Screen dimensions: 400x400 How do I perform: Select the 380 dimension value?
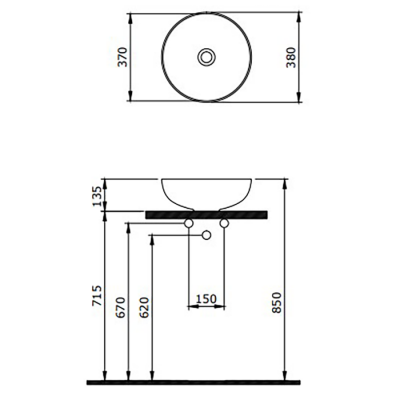tap(290, 58)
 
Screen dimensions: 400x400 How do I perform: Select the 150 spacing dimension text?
tap(207, 297)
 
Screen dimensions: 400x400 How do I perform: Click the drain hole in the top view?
tap(207, 58)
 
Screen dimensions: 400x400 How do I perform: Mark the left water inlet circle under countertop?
tap(191, 225)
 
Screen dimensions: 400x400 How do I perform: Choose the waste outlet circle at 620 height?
tap(207, 236)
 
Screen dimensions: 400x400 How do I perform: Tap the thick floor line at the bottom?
tap(200, 382)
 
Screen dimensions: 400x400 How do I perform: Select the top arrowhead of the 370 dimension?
tap(132, 19)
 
